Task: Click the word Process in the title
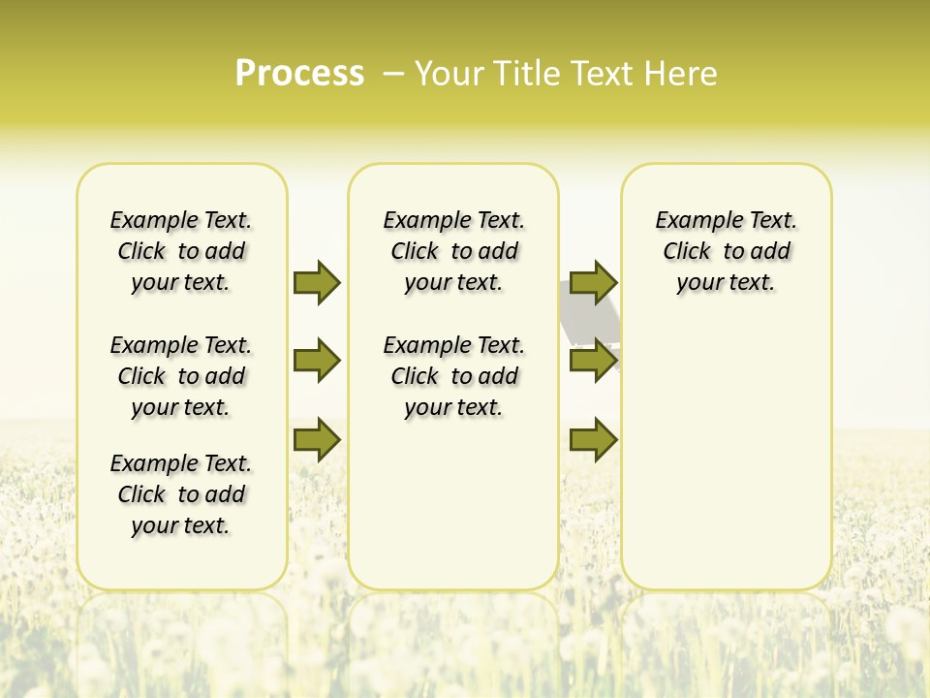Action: click(x=299, y=74)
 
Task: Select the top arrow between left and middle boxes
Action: click(x=317, y=282)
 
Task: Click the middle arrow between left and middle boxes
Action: click(x=317, y=361)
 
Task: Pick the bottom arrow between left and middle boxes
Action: click(x=317, y=440)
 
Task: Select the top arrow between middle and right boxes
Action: click(x=593, y=282)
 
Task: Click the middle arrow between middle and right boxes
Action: click(x=593, y=361)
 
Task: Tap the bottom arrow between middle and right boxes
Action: click(x=593, y=440)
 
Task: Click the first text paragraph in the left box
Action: click(x=181, y=251)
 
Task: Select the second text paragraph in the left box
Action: click(x=181, y=376)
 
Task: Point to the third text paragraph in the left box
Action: click(x=181, y=494)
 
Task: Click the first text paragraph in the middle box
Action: click(x=453, y=251)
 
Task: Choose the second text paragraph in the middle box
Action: click(x=453, y=376)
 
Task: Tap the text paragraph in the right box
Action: click(x=727, y=251)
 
